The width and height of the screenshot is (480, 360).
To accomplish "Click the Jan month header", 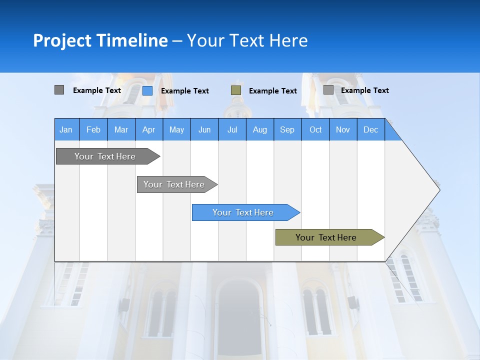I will (66, 129).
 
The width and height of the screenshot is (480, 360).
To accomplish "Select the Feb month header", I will (93, 129).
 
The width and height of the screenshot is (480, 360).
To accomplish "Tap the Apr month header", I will (148, 129).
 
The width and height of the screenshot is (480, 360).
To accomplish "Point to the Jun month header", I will (204, 129).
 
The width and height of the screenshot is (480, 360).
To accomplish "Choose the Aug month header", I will (259, 129).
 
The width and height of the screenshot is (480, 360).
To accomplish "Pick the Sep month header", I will (287, 129).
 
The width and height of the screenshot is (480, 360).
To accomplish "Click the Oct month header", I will (315, 129).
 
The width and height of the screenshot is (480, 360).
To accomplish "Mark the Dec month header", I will (370, 129).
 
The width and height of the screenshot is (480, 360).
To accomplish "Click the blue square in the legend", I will (147, 90).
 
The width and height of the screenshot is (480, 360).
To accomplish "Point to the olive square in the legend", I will (236, 90).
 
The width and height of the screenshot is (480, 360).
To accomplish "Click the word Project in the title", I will (62, 40).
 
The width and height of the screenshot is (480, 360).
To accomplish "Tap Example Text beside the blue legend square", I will (184, 91).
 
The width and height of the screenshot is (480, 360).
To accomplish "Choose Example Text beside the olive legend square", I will (272, 91).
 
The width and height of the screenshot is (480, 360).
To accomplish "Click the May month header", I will (176, 129).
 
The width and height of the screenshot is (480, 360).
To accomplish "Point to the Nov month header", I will (343, 129).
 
